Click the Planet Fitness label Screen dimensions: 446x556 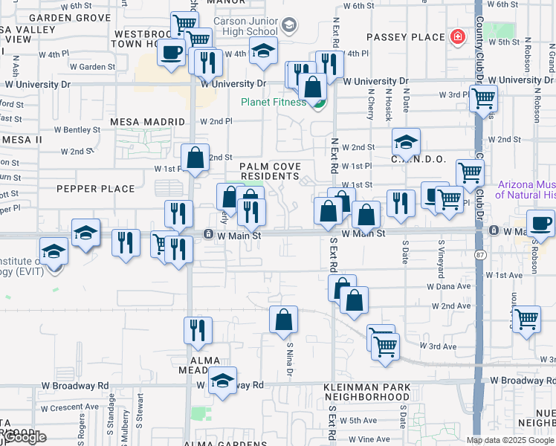[x=272, y=103]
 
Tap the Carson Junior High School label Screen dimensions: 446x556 [x=246, y=27]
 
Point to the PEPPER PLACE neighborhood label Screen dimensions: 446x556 [x=95, y=189]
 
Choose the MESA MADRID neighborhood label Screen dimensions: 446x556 [x=147, y=121]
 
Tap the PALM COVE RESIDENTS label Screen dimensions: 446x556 [x=270, y=171]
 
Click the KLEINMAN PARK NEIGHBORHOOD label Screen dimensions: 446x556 [x=366, y=392]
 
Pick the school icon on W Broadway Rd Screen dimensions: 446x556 [x=222, y=382]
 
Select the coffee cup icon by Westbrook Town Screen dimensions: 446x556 [x=171, y=54]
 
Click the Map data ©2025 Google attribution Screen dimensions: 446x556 [x=511, y=440]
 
